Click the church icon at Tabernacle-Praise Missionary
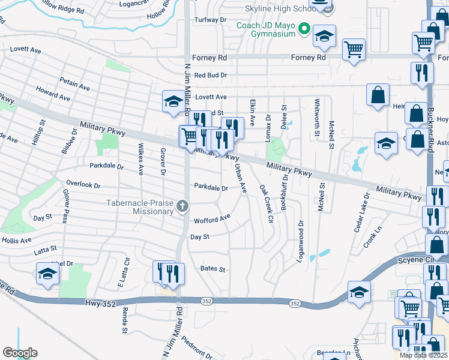pos(182,207)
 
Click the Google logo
pos(20,353)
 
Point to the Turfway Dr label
pos(210,20)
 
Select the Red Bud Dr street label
pos(211,76)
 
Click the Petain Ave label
pos(74,83)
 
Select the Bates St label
pos(212,269)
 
